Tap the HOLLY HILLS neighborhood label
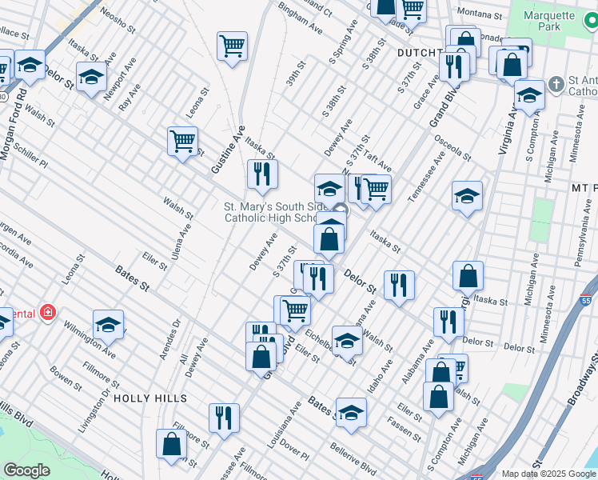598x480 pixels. tap(150, 398)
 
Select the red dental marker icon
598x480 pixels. tap(48, 312)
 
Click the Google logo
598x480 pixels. tap(26, 470)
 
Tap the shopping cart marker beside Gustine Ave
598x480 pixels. tap(183, 142)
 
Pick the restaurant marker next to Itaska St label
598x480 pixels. tap(262, 174)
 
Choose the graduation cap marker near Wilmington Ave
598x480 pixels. tap(108, 325)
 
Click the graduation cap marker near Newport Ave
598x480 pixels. tap(92, 77)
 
